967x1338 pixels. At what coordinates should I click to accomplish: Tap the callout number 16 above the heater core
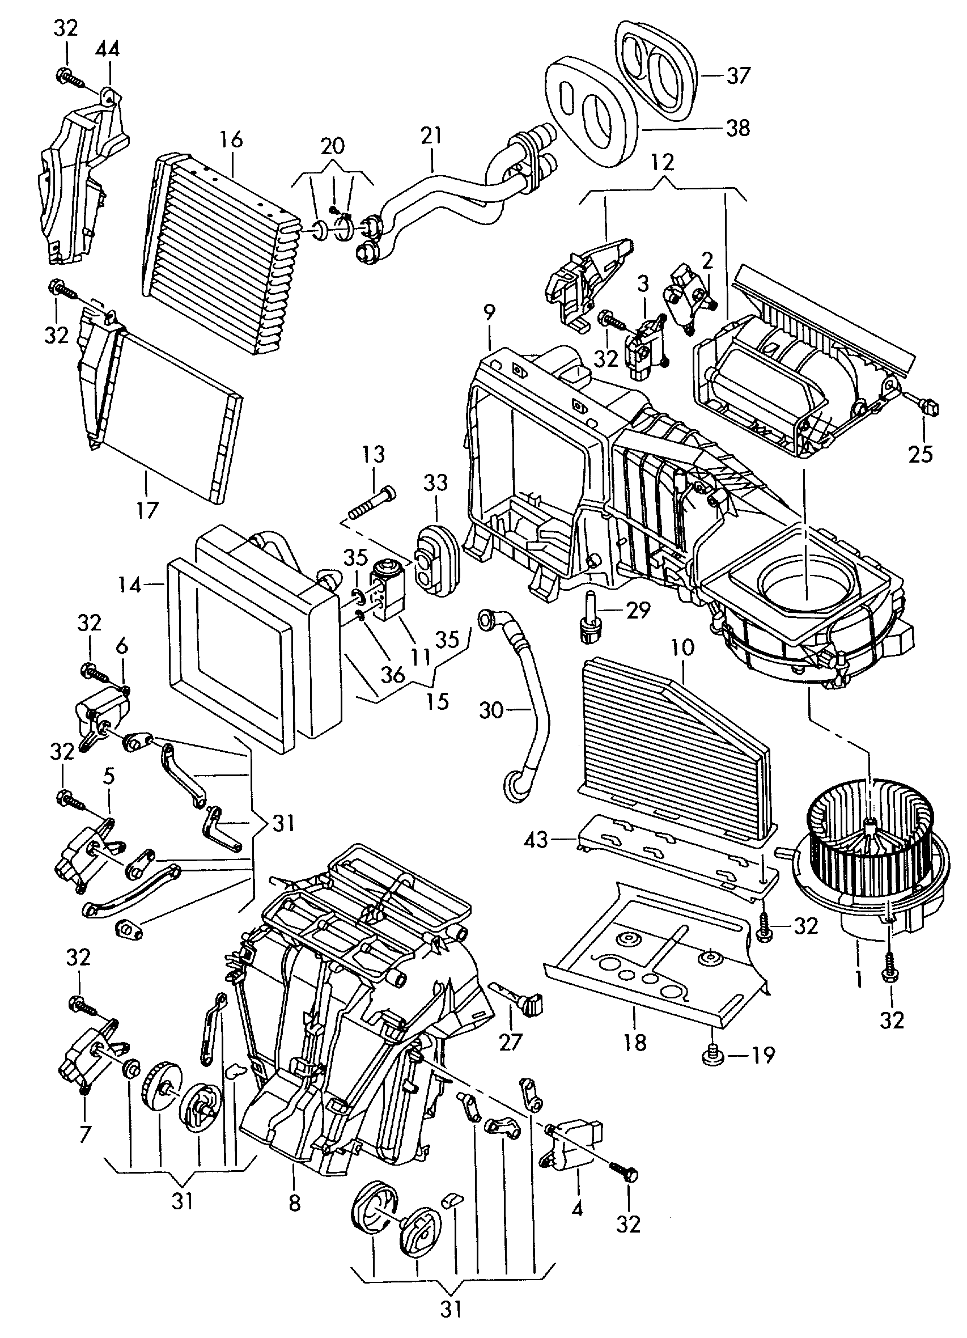(232, 140)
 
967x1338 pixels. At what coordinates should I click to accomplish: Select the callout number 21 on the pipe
(431, 137)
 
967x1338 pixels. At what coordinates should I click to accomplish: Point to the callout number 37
(737, 76)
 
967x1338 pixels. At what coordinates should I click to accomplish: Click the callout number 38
(737, 128)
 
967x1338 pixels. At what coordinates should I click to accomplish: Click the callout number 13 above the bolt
(374, 454)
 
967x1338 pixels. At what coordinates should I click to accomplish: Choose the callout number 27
(511, 1042)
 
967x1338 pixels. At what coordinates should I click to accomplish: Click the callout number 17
(147, 510)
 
